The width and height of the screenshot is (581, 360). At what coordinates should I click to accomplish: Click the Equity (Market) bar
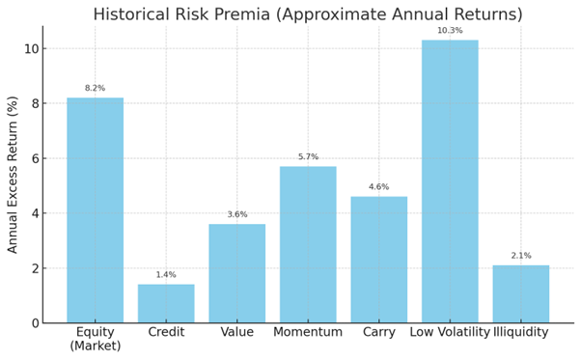click(x=95, y=209)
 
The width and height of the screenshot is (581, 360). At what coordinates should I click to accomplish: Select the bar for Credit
click(x=166, y=303)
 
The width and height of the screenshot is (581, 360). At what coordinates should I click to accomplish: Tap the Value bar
click(x=236, y=273)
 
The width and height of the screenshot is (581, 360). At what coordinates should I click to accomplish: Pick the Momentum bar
click(x=308, y=244)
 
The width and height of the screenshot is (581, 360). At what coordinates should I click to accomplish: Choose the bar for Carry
click(x=378, y=260)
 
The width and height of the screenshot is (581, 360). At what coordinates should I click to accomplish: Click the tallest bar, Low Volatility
click(x=450, y=180)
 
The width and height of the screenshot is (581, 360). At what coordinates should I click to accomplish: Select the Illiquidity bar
click(x=520, y=293)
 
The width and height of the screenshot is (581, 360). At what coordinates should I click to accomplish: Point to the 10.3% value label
click(x=450, y=31)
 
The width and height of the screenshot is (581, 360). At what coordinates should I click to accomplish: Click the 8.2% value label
click(x=95, y=88)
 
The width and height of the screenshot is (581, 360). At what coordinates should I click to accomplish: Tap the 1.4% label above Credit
click(x=166, y=275)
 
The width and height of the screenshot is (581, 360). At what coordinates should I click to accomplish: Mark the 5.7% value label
click(x=308, y=156)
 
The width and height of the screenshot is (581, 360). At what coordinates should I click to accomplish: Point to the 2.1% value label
click(x=520, y=256)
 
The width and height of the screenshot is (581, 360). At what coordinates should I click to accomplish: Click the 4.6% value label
click(x=378, y=187)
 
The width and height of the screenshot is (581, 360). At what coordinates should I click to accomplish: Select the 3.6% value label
click(x=236, y=214)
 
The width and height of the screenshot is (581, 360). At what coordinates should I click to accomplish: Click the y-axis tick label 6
click(x=33, y=158)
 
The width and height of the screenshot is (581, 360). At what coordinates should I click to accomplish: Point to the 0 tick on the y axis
click(x=33, y=322)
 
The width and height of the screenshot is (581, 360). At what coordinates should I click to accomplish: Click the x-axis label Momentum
click(x=308, y=333)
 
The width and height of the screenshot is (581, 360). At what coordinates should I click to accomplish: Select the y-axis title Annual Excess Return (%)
click(x=14, y=174)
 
